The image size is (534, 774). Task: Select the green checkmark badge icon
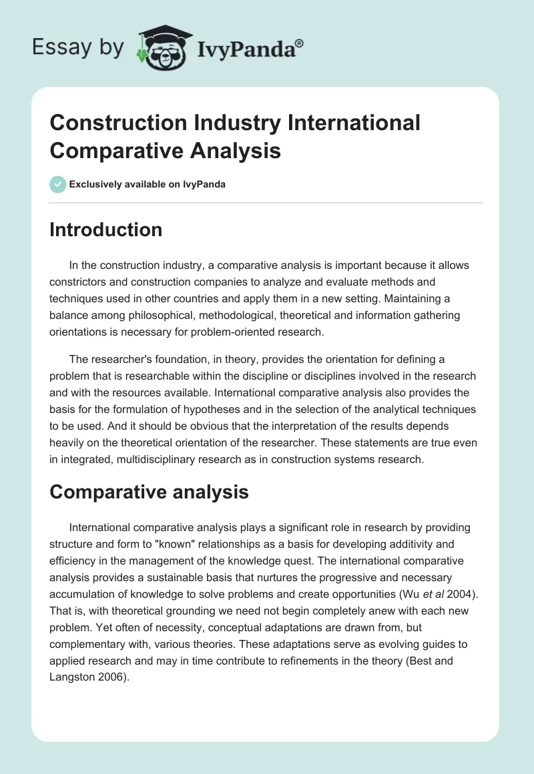(58, 184)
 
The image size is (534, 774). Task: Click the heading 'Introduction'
(105, 230)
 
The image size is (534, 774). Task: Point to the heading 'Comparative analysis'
(149, 492)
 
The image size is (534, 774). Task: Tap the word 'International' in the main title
(353, 123)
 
